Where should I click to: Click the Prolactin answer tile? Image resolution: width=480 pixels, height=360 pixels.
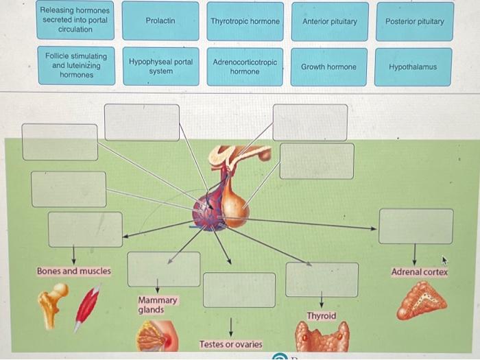point(160,21)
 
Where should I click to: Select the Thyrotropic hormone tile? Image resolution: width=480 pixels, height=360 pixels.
point(245,21)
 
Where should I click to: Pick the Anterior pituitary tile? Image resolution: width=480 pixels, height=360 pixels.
point(329,21)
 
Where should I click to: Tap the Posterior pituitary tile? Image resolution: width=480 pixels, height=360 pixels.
point(414,21)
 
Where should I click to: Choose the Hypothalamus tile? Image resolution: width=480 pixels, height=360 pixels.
point(413,67)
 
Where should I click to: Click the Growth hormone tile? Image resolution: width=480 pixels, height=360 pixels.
point(328,67)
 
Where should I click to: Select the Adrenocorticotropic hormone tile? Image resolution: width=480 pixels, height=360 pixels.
point(245,67)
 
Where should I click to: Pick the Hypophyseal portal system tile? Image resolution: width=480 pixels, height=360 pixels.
point(160,67)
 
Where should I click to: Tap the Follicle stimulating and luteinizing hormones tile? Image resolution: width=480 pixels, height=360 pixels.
point(76,66)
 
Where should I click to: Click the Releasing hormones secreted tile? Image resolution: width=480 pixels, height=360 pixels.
point(75,21)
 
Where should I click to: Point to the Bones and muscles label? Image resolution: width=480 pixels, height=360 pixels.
point(74,272)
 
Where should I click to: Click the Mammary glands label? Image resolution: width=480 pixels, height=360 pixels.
point(158,305)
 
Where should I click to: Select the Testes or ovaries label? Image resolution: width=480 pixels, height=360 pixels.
point(230,344)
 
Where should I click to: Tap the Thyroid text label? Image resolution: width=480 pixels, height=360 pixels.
point(321,316)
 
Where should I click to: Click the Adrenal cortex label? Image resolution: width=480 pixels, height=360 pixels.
point(419,272)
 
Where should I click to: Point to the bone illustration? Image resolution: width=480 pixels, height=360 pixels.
point(53,302)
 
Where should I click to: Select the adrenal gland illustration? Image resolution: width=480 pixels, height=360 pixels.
point(421,300)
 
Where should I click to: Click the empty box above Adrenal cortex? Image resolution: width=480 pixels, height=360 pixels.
point(416,226)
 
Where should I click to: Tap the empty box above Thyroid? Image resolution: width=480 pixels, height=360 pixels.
point(322,280)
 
